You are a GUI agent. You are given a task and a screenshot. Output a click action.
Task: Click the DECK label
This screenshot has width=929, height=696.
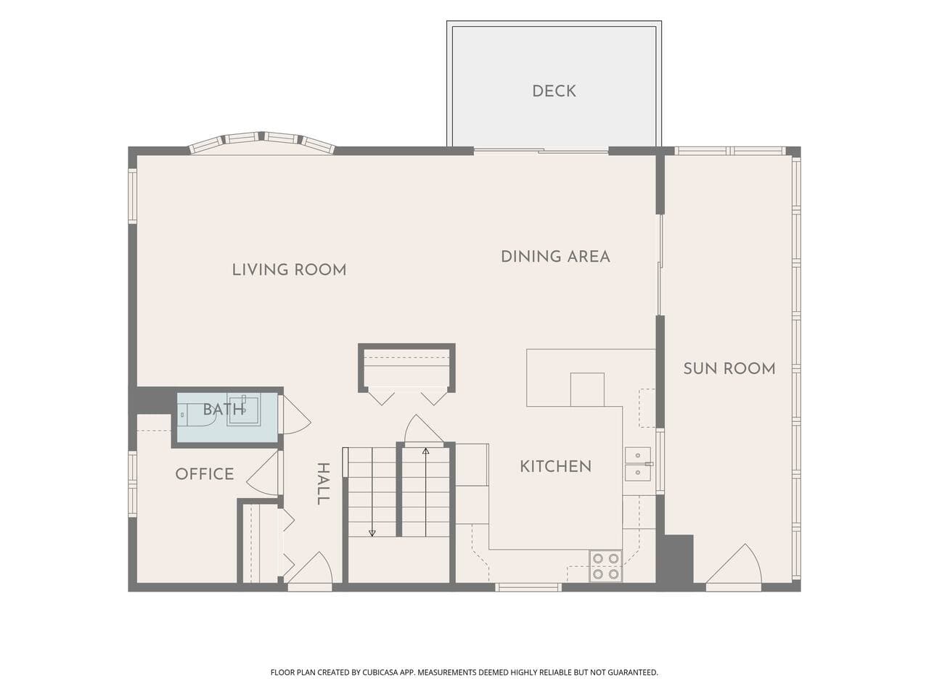pos(554,91)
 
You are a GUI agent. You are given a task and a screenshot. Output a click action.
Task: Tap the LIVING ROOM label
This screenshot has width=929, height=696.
pos(289,270)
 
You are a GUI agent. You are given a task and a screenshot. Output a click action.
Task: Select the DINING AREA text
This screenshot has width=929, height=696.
pos(555,257)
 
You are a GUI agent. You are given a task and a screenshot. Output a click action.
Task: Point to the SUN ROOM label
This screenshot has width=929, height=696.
pos(729,368)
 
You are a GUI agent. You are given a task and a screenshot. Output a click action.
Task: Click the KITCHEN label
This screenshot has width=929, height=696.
pos(555,466)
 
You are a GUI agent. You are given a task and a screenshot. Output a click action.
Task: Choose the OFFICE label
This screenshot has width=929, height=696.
pos(205,474)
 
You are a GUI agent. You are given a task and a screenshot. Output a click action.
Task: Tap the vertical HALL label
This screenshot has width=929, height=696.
pos(323,484)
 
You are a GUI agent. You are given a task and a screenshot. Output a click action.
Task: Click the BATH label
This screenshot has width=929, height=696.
pos(223,409)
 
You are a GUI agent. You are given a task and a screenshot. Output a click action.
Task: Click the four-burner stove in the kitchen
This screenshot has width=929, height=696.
pos(605,566)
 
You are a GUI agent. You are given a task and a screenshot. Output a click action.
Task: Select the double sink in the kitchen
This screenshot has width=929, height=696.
pos(638,464)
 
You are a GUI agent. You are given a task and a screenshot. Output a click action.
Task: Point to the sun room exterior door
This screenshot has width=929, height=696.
pos(734,565)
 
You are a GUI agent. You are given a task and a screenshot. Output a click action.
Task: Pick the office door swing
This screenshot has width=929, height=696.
pos(263,473)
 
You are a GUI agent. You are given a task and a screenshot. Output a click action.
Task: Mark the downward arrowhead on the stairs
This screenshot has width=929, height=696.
pos(372,534)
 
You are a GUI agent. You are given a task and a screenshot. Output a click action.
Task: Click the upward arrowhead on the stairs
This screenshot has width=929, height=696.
pos(426,452)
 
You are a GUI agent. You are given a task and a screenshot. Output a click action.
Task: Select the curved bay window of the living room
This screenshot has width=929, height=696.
pos(262,142)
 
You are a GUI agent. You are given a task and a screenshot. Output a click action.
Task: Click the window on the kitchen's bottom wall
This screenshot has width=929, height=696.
pos(528,587)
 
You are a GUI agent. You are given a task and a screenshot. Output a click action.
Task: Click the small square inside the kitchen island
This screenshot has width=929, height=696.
pos(587,389)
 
